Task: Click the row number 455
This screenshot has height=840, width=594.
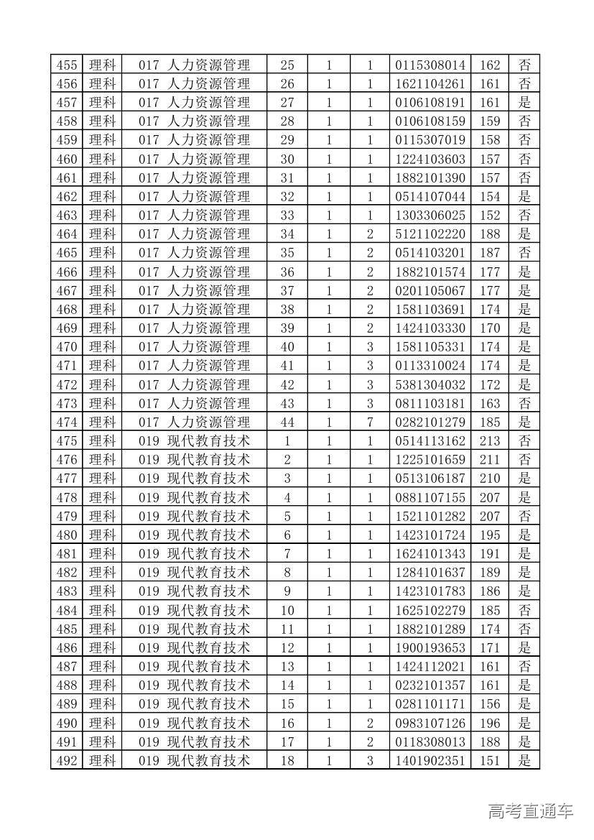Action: (66, 65)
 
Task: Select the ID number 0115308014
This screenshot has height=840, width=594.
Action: (430, 65)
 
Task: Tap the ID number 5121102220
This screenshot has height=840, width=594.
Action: (430, 234)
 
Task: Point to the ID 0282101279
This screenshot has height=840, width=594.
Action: (430, 422)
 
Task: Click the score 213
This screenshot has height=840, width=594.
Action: (490, 440)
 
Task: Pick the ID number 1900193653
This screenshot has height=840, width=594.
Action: (430, 647)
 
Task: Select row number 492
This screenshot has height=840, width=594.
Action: (66, 760)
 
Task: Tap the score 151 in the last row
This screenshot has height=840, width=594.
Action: (490, 760)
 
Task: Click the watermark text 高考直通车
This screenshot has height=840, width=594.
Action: (531, 811)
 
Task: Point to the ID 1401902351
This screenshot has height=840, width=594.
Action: (430, 760)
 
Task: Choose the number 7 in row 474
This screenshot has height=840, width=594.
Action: (370, 422)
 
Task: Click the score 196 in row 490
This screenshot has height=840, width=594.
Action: (490, 723)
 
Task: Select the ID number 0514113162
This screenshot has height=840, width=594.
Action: (430, 440)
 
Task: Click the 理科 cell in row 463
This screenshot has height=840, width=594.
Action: (102, 215)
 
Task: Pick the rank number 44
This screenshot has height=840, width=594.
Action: (287, 422)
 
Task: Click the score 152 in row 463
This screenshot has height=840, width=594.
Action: (490, 215)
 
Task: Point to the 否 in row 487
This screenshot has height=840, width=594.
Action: (524, 666)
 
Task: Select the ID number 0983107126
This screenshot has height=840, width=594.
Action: (430, 723)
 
